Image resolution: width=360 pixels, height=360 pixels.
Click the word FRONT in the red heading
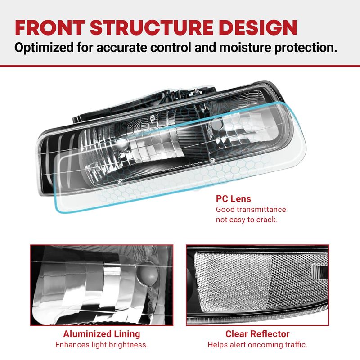tap(50, 27)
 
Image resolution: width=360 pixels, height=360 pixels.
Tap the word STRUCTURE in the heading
tap(152, 27)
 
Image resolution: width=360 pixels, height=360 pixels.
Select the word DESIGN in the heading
tap(258, 27)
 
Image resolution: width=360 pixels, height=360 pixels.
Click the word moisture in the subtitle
tap(245, 48)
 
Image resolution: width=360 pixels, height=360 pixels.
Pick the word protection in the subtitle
tap(306, 48)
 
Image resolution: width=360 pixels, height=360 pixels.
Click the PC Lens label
tap(234, 199)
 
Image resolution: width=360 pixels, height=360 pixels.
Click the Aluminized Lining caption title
tap(102, 334)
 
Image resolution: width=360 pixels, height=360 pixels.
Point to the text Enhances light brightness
tap(102, 345)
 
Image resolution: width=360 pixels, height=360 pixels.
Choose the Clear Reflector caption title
tap(257, 334)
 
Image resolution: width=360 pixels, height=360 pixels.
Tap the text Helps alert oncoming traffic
tap(257, 345)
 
